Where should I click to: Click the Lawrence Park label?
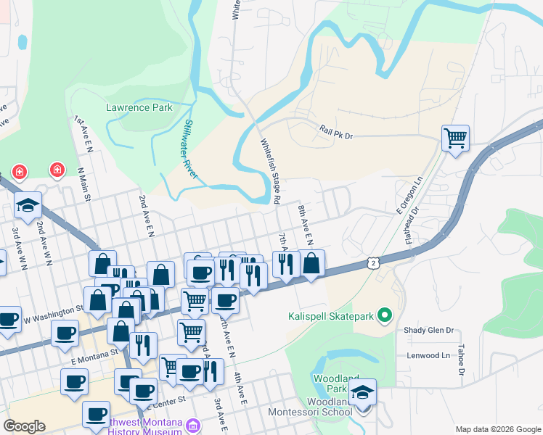pyautogui.click(x=139, y=107)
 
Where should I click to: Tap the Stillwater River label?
pyautogui.click(x=191, y=149)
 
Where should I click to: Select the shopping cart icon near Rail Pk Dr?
pyautogui.click(x=455, y=137)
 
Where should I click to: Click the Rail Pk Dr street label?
pyautogui.click(x=335, y=131)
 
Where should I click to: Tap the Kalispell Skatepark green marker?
pyautogui.click(x=385, y=315)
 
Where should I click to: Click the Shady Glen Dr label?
pyautogui.click(x=429, y=330)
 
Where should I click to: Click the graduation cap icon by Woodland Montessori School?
pyautogui.click(x=362, y=392)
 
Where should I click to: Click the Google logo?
pyautogui.click(x=24, y=426)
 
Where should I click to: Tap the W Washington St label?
pyautogui.click(x=52, y=313)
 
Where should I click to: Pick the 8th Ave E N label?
pyautogui.click(x=305, y=224)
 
